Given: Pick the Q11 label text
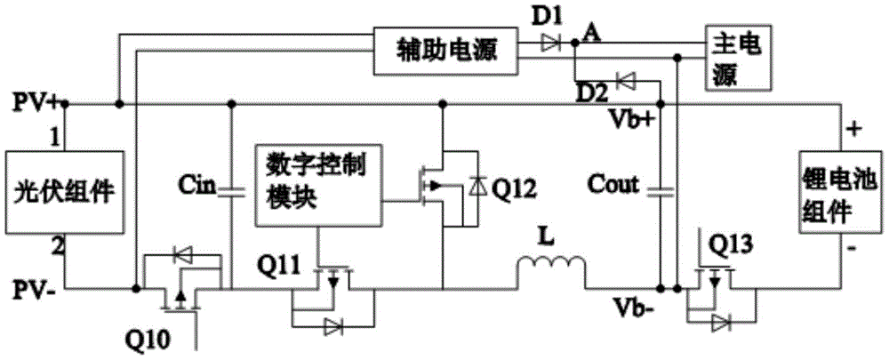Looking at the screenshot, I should [277, 264].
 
